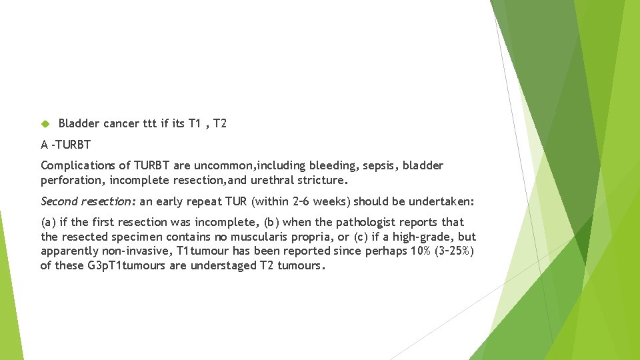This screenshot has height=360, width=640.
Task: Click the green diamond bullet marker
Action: pos(45,124)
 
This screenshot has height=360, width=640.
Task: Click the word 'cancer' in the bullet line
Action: pos(121,123)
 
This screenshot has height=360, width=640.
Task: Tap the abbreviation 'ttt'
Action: pos(150,123)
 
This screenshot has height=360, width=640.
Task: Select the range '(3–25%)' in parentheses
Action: pos(453,251)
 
